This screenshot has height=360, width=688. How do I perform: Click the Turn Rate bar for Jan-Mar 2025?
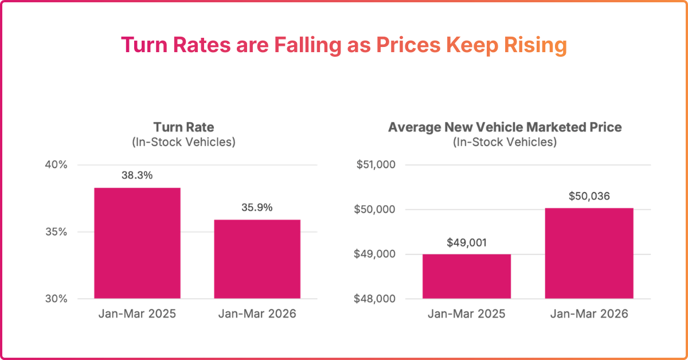pyautogui.click(x=137, y=243)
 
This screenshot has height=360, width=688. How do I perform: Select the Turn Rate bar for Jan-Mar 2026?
pyautogui.click(x=257, y=259)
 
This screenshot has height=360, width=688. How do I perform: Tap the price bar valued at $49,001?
pyautogui.click(x=466, y=276)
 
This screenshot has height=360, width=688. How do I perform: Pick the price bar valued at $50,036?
pyautogui.click(x=589, y=253)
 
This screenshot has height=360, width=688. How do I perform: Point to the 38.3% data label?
pyautogui.click(x=137, y=175)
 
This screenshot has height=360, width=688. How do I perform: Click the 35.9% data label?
pyautogui.click(x=257, y=208)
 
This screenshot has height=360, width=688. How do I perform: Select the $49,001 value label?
pyautogui.click(x=467, y=242)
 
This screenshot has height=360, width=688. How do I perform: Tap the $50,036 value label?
pyautogui.click(x=589, y=196)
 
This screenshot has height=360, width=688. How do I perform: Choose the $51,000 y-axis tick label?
pyautogui.click(x=376, y=165)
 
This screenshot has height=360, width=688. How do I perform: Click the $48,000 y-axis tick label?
pyautogui.click(x=376, y=299)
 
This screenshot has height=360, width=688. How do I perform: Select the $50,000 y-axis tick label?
pyautogui.click(x=376, y=210)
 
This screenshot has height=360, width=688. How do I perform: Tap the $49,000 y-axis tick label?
pyautogui.click(x=376, y=255)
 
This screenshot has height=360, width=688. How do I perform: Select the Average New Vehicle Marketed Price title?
pyautogui.click(x=505, y=127)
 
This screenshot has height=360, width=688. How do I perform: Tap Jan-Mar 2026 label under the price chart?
pyautogui.click(x=589, y=314)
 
